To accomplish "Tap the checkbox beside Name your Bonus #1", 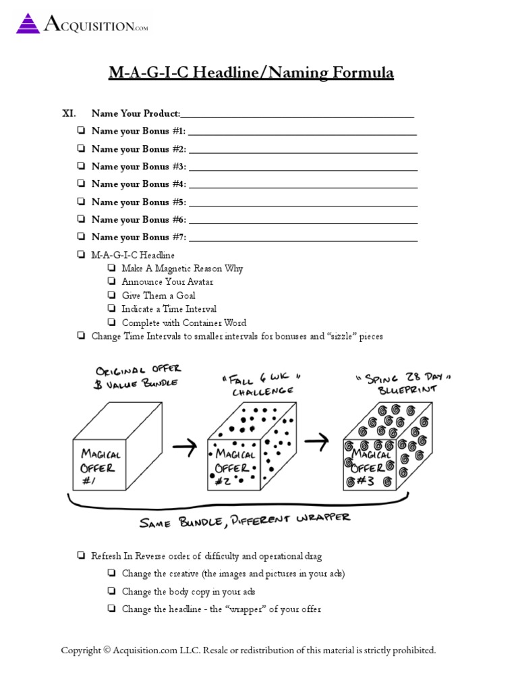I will [x=81, y=131].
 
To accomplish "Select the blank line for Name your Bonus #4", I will [x=303, y=185].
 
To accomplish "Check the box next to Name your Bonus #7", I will [x=81, y=237].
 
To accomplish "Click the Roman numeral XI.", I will [x=69, y=113].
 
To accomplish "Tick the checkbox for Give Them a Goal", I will [x=111, y=296].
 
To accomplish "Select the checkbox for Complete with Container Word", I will [x=111, y=323].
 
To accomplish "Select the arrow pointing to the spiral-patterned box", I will [x=316, y=441].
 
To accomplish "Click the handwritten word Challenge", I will [x=263, y=391].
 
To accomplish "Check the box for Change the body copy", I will [x=111, y=592].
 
